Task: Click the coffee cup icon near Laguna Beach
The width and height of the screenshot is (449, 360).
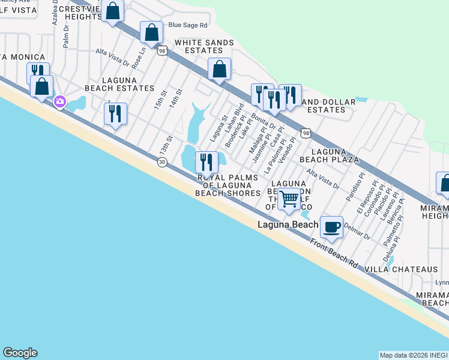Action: coord(331,227)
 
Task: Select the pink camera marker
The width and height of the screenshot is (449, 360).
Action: coord(59,101)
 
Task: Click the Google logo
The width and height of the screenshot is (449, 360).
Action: coord(20,353)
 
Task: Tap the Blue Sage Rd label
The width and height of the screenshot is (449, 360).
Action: coord(187,25)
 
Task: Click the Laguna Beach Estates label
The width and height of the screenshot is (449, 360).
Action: coord(128,84)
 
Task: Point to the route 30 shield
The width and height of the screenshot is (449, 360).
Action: coord(161,162)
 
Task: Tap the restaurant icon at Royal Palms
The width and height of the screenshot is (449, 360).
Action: coord(206,161)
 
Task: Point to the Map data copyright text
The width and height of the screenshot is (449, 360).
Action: coord(413,355)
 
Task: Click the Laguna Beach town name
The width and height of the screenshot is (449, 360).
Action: coord(288,225)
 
